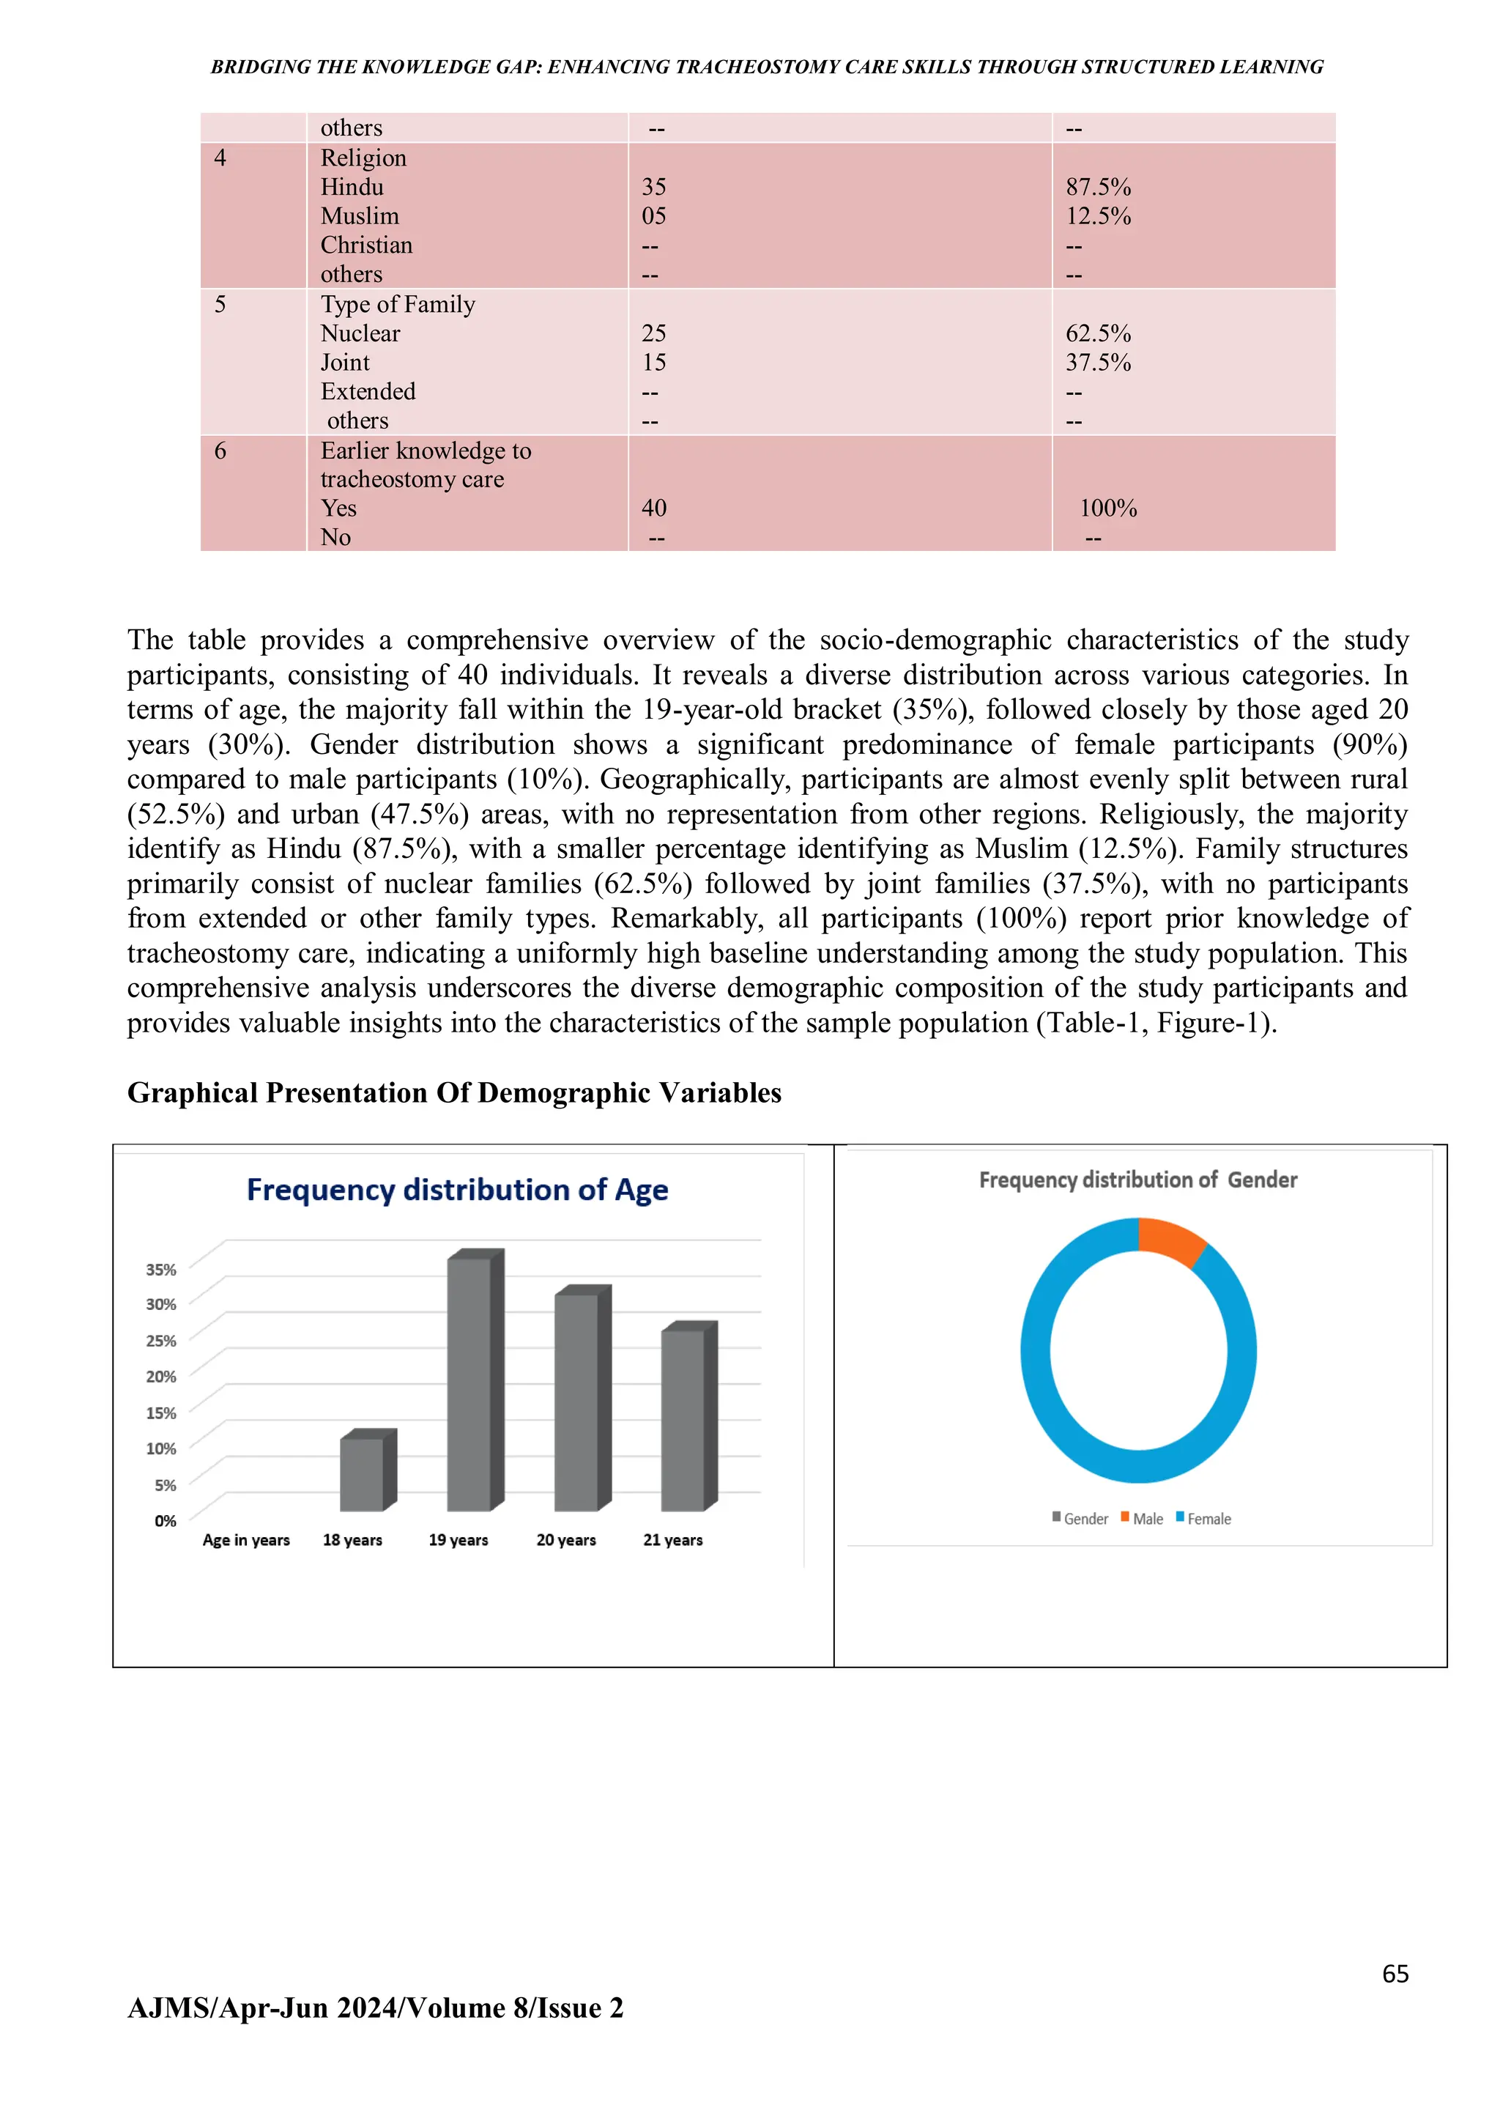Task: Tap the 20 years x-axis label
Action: [x=565, y=1540]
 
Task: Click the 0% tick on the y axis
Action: [x=166, y=1520]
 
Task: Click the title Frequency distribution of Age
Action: [x=457, y=1190]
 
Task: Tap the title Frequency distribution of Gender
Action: [x=1138, y=1180]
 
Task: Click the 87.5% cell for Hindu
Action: [x=1097, y=187]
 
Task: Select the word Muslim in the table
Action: [x=360, y=216]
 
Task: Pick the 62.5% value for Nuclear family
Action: [x=1097, y=333]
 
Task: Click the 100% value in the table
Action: [x=1107, y=508]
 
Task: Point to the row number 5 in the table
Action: [x=220, y=305]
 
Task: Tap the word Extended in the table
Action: [x=368, y=392]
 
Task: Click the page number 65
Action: [x=1395, y=1974]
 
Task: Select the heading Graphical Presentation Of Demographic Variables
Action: [x=453, y=1093]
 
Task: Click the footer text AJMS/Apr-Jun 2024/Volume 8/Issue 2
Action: [x=375, y=2008]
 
